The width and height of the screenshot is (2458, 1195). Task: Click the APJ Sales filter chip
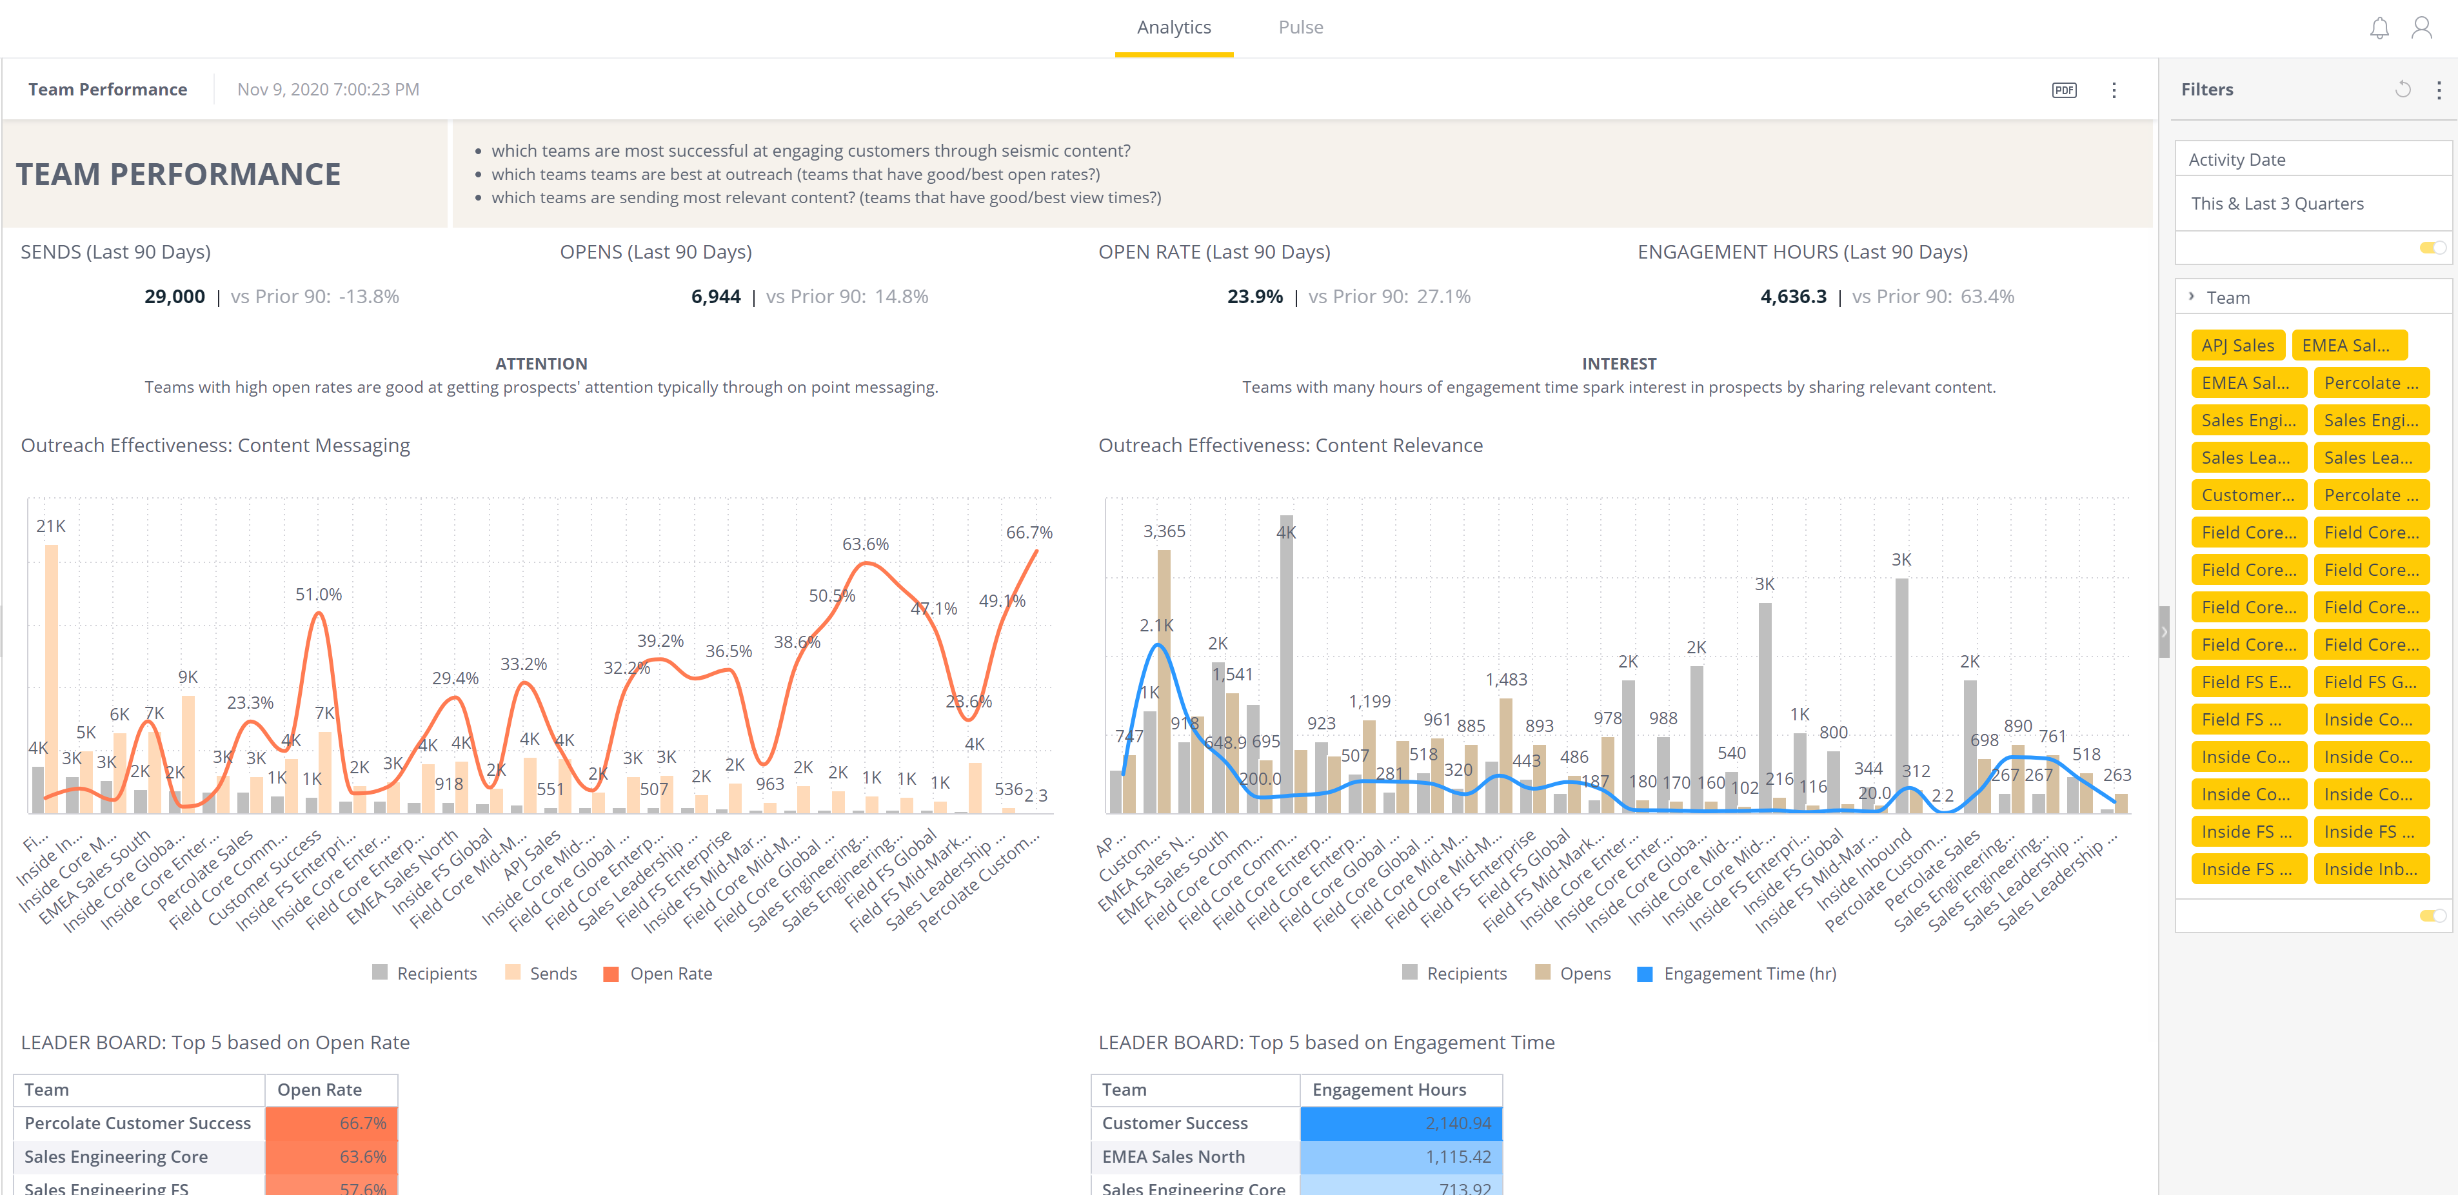pyautogui.click(x=2237, y=345)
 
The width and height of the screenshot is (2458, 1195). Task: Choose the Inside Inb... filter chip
pyautogui.click(x=2370, y=869)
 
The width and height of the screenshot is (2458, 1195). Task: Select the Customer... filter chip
pyautogui.click(x=2247, y=495)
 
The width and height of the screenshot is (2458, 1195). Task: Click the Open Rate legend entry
pyautogui.click(x=670, y=974)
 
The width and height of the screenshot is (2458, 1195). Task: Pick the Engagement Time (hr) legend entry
pyautogui.click(x=1749, y=974)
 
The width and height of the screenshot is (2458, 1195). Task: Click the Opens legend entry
pyautogui.click(x=1584, y=974)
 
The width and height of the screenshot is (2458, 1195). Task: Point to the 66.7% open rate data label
pyautogui.click(x=1029, y=532)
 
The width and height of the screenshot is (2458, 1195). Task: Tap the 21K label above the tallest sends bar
pyautogui.click(x=50, y=526)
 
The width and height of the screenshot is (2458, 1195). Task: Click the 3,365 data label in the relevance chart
pyautogui.click(x=1164, y=531)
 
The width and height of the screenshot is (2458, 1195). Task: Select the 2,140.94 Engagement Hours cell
pyautogui.click(x=1401, y=1123)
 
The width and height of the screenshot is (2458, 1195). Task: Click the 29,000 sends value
pyautogui.click(x=175, y=297)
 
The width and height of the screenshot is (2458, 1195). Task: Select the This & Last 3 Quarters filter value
pyautogui.click(x=2277, y=203)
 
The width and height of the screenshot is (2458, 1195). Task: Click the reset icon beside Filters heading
pyautogui.click(x=2403, y=90)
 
